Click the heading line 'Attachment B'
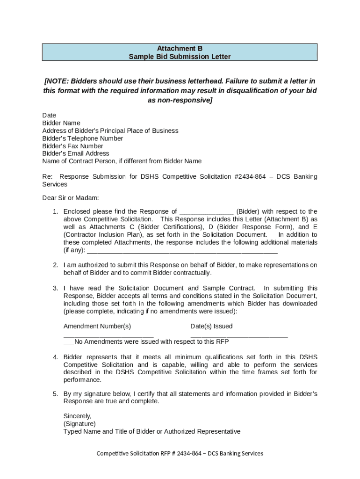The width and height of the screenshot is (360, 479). [180, 48]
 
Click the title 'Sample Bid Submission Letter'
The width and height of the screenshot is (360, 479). [180, 57]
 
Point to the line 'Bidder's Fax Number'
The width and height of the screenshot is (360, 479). [72, 146]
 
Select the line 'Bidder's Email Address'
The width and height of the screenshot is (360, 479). [76, 153]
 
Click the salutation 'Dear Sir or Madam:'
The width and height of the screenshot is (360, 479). [71, 198]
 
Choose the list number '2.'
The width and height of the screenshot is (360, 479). [55, 265]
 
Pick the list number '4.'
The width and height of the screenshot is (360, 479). [55, 357]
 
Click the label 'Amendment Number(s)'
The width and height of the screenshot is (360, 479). [97, 327]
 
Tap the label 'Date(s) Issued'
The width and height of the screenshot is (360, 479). [211, 327]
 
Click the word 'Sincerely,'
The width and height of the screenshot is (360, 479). [78, 416]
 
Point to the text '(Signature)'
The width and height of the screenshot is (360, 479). [79, 424]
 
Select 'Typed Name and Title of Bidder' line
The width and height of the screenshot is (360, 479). [152, 431]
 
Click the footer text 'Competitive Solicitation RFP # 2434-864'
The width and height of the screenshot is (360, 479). [151, 453]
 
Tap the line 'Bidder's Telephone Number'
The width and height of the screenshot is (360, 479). [83, 138]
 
